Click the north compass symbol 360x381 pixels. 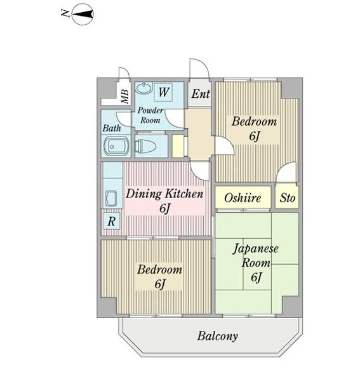83,14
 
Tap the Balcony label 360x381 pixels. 217,336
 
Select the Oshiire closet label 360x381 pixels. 243,198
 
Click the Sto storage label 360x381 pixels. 288,198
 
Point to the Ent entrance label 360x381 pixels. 201,94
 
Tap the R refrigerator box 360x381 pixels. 111,222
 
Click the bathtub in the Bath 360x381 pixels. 114,146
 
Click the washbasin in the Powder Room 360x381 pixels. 143,88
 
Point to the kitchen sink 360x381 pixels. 111,197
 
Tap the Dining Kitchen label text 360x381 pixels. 164,194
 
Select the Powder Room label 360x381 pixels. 151,115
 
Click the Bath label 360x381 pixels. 112,128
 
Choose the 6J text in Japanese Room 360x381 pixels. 257,277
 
